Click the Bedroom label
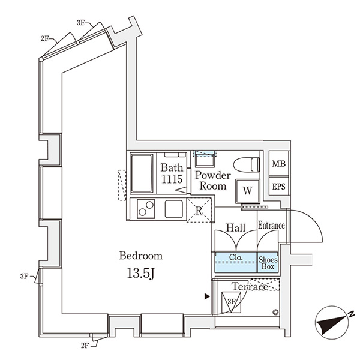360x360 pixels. click(x=141, y=256)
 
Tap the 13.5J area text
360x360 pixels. click(x=140, y=274)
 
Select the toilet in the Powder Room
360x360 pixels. click(x=247, y=164)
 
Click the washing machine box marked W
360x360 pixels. click(x=247, y=191)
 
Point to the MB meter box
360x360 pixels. click(x=279, y=164)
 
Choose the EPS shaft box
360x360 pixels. click(x=279, y=186)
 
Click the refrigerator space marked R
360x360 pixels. click(x=199, y=210)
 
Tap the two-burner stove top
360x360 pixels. click(x=146, y=209)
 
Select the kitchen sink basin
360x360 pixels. click(x=174, y=209)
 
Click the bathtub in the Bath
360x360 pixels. click(x=142, y=173)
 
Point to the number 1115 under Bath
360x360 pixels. click(x=172, y=179)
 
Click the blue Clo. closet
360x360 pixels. click(x=235, y=262)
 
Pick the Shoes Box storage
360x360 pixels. click(x=268, y=262)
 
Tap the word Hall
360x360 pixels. click(x=236, y=228)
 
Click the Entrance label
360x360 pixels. click(x=271, y=226)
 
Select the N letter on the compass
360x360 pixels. click(x=351, y=314)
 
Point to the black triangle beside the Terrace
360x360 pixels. click(x=207, y=296)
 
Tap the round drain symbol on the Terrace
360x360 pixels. click(x=275, y=312)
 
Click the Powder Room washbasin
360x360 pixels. click(x=205, y=159)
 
